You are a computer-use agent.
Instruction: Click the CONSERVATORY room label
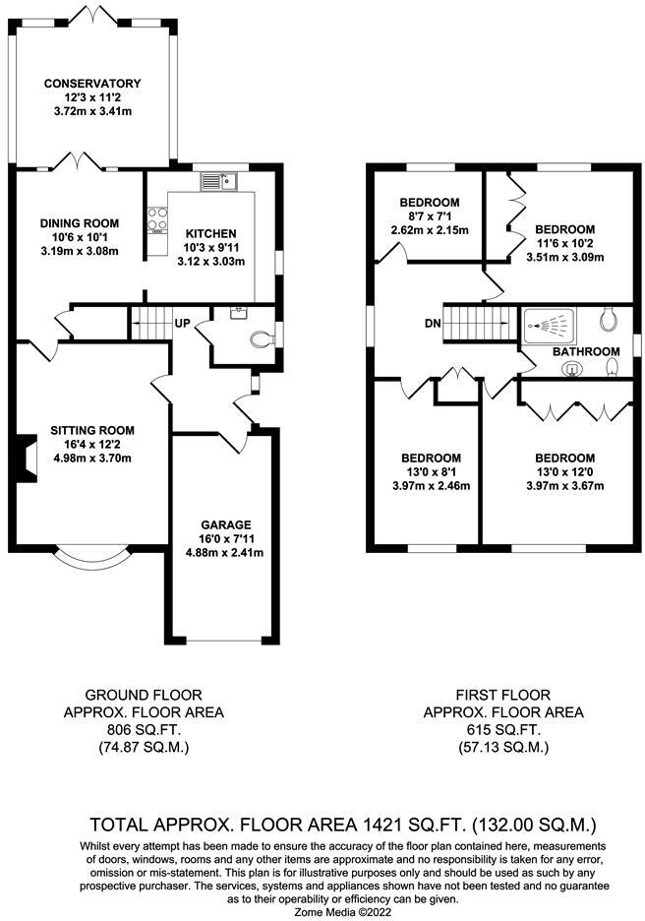click(92, 84)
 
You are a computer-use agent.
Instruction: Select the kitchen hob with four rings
click(156, 221)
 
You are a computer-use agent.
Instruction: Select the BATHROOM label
click(585, 351)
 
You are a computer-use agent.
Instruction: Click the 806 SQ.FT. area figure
click(144, 730)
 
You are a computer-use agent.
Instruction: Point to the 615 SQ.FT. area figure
click(502, 730)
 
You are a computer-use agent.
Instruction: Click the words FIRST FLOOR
click(502, 695)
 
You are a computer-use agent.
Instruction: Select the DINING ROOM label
click(79, 223)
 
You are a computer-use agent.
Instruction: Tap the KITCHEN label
click(210, 233)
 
